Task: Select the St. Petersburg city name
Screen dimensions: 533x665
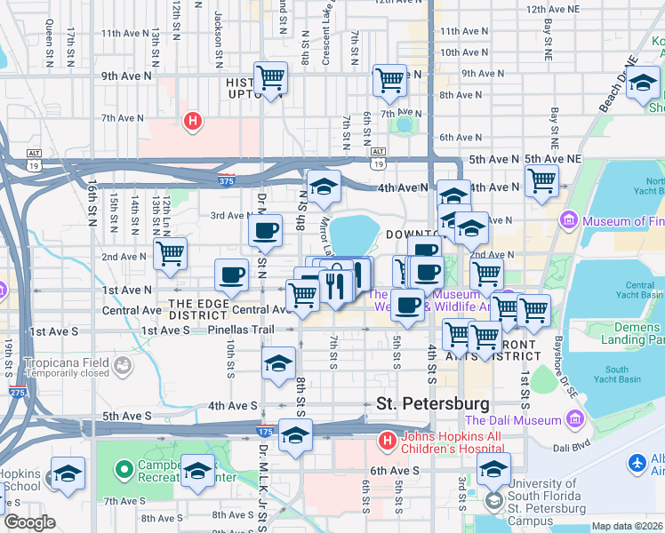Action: pos(433,403)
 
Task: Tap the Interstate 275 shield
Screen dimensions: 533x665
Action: pos(17,392)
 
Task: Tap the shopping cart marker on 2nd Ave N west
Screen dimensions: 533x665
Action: pos(169,252)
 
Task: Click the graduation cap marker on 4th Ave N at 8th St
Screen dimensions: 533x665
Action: pos(324,187)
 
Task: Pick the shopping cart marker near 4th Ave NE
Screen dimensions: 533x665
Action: pos(541,180)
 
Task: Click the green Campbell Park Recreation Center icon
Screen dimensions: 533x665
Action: pos(124,467)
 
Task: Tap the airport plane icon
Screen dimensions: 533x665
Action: pos(637,463)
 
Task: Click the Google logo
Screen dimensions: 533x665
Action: pos(28,522)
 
